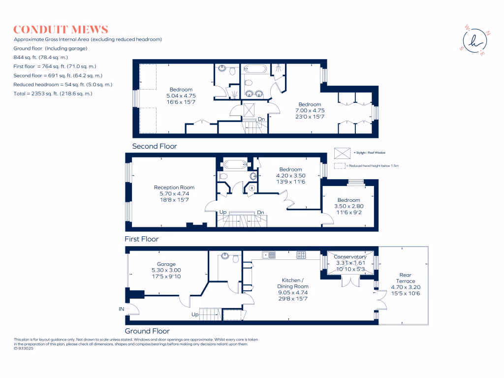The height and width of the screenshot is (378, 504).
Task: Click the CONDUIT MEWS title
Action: [61, 30]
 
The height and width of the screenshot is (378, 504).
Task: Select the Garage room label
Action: [166, 264]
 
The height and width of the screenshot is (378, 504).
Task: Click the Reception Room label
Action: [174, 188]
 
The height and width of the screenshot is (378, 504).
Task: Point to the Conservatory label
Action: [350, 257]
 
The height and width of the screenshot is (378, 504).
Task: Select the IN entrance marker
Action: [121, 309]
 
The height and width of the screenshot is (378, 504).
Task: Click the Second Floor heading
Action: [155, 146]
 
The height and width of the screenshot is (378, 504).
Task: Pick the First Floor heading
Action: [142, 239]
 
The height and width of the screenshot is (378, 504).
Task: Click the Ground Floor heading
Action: [147, 331]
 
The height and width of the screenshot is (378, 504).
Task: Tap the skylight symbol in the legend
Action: [340, 153]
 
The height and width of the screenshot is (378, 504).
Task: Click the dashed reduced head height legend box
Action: [340, 166]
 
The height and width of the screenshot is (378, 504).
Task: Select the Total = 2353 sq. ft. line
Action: [53, 94]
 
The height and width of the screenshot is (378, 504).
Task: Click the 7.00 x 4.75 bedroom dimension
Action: [310, 111]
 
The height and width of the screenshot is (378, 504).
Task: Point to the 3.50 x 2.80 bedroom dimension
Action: [348, 207]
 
